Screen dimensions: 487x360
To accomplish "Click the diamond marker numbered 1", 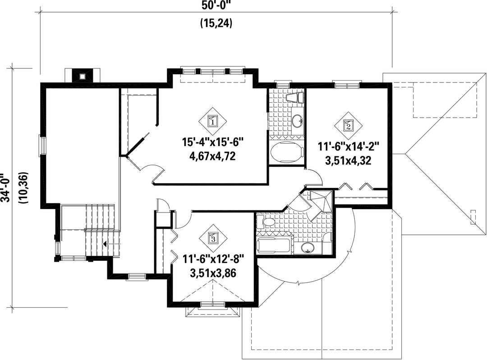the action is tap(212, 121).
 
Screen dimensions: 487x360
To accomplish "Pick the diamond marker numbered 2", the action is tap(348, 125).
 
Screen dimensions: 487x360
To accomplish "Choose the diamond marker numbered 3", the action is tap(213, 238).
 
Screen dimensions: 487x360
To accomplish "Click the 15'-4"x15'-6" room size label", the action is tap(212, 143).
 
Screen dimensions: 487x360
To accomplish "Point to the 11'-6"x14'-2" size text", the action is tap(348, 146).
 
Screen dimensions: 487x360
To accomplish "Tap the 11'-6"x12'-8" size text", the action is tap(213, 259).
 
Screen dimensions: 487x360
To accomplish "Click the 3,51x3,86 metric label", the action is tap(213, 273).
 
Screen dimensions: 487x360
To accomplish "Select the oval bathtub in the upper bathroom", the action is tap(287, 152).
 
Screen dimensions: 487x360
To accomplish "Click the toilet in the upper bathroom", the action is tap(295, 98).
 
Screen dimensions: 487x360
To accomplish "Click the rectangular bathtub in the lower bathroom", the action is tap(274, 246).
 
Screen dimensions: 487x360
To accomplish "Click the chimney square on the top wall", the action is tap(82, 76).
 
